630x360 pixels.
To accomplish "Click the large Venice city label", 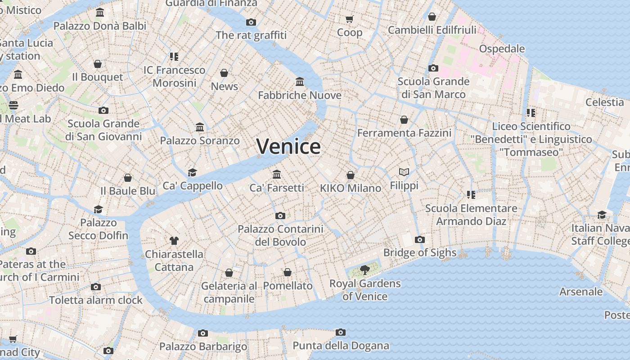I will (288, 147).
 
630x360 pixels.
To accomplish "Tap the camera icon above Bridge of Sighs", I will (420, 239).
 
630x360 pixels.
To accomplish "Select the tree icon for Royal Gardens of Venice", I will (365, 270).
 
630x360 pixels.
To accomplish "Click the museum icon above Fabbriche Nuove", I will (300, 81).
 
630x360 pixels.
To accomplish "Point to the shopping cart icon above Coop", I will (350, 19).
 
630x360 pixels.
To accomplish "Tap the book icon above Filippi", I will (404, 172).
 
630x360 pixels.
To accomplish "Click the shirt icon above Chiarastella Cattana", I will (174, 241).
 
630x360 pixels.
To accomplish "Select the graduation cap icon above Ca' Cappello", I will (193, 172).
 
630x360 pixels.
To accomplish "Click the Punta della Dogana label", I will (341, 346).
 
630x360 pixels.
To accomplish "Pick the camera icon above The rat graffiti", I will (251, 22).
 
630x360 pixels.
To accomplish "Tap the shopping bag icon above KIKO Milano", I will (351, 175).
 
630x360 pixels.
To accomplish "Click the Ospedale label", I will (502, 49).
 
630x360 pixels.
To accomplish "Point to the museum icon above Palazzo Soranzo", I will (200, 127).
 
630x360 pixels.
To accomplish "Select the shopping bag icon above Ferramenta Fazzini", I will (404, 120).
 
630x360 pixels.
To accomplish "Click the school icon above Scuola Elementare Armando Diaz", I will (471, 195).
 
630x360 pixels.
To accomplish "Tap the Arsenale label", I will (580, 292).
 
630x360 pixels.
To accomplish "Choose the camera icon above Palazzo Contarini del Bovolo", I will (280, 216).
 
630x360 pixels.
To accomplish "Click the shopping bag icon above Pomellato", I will (288, 272).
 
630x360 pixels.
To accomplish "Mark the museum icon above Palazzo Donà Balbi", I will (100, 13).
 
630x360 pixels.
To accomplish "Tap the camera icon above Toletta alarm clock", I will (95, 287).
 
